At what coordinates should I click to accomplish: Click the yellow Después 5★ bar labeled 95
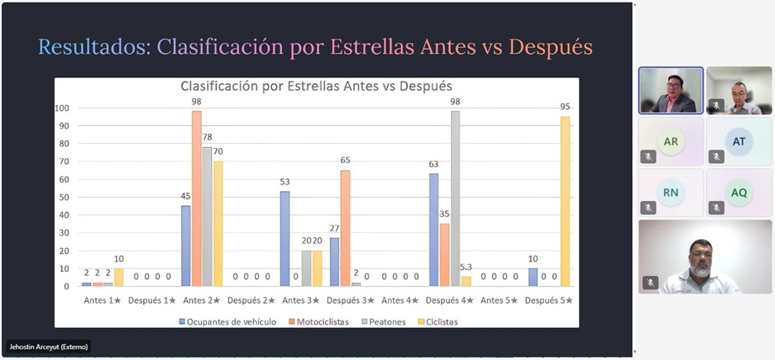[565, 202]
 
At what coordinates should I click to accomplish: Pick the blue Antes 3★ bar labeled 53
[285, 239]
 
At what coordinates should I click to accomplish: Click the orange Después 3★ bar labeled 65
[345, 228]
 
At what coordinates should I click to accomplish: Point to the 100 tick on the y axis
[62, 108]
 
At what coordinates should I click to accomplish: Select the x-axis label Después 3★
[348, 300]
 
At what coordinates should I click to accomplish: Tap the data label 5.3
[465, 267]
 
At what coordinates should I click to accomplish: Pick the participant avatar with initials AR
[671, 141]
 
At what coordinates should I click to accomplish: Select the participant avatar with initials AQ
[739, 193]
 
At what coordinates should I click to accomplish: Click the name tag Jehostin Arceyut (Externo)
[48, 347]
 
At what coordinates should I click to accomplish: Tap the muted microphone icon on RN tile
[649, 207]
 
